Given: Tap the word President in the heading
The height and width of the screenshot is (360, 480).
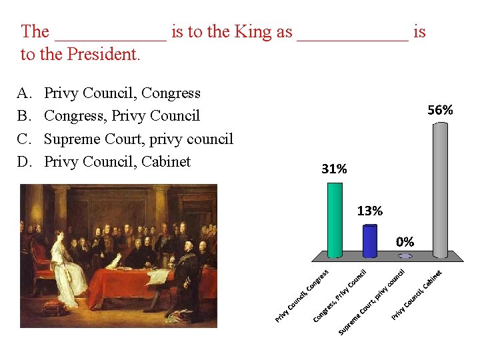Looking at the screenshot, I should (x=101, y=54).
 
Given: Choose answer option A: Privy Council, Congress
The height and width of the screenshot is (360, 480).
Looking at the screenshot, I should (x=122, y=93).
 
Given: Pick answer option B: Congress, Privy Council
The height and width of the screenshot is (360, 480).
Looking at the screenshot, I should (x=121, y=116).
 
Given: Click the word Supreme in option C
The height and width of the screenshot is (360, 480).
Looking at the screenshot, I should (x=73, y=139).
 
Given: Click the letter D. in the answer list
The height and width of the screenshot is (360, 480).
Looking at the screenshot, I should (x=25, y=161).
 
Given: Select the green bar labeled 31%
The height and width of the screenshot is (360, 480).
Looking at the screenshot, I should (x=335, y=220).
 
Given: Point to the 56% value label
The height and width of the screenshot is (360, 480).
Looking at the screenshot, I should (x=440, y=110).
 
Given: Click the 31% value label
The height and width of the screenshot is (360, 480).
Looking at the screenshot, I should (x=334, y=169).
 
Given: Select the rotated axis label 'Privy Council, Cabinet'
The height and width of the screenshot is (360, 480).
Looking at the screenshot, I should (x=417, y=294).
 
